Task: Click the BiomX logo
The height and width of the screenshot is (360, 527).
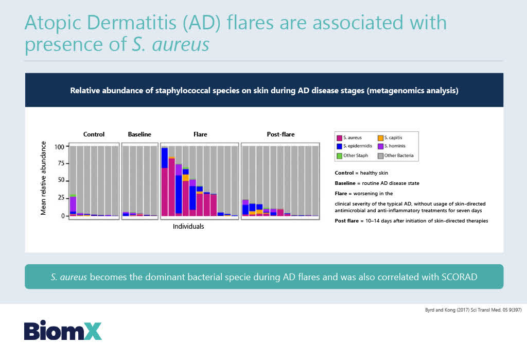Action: pos(63,331)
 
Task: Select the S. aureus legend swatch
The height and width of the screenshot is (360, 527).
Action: pos(340,138)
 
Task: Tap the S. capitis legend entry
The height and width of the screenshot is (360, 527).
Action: pos(390,138)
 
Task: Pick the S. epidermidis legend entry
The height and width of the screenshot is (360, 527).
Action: pos(354,146)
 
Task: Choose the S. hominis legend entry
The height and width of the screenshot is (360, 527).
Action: pos(392,146)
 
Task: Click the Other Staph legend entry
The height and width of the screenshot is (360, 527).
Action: pos(352,156)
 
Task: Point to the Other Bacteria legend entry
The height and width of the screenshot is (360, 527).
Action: pos(396,156)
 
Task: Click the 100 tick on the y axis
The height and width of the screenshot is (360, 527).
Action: pos(59,147)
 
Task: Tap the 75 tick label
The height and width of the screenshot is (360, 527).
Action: pos(61,163)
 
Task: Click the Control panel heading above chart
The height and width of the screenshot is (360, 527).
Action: pos(94,134)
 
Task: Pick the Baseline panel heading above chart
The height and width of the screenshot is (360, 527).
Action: pos(139,134)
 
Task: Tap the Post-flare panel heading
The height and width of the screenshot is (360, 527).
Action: pos(280,134)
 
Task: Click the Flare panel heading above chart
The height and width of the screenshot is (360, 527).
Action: pos(200,134)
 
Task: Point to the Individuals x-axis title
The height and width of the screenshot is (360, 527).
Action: pos(188,227)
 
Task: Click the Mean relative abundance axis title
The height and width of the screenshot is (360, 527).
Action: pos(43,178)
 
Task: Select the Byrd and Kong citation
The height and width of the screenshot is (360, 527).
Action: pos(473,310)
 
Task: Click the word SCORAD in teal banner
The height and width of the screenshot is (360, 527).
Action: pos(460,277)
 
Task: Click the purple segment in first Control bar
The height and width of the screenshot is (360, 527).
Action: pos(73,204)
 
